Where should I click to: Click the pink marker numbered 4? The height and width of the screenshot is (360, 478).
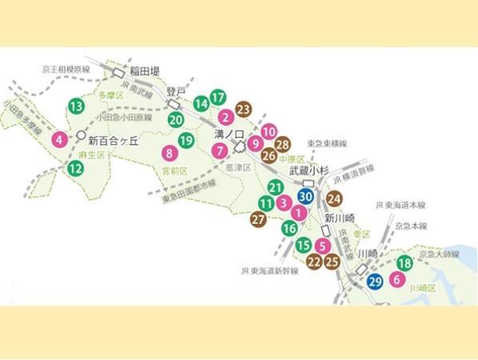59,141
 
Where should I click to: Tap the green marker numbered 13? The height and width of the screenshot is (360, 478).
76,106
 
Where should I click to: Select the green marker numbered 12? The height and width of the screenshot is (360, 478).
75,168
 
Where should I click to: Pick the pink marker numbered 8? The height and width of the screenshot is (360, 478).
169,153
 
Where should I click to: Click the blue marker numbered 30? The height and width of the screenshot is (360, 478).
305,195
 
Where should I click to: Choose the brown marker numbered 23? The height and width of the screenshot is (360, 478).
243,109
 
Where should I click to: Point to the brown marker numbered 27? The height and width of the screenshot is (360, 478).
258,218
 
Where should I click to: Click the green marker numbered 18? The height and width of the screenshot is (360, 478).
405,263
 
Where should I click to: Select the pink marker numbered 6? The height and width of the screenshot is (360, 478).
396,280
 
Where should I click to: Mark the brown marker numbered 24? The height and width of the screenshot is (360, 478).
334,198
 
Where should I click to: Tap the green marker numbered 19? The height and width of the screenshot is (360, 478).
186,141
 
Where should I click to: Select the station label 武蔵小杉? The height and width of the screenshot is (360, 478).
309,170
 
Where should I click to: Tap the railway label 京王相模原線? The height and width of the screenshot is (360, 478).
66,70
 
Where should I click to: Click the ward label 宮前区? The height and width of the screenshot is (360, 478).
174,171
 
